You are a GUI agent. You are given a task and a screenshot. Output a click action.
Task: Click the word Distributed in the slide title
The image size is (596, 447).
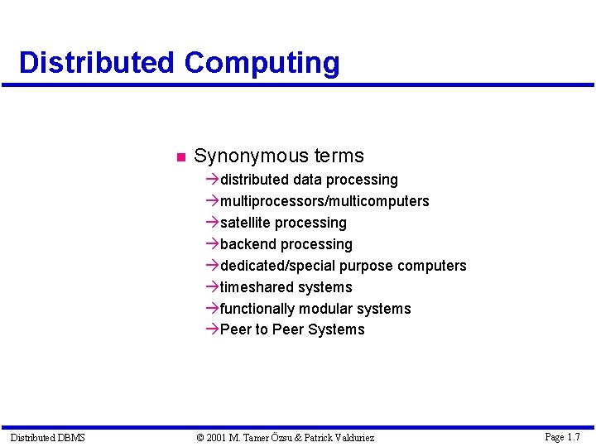[96, 63]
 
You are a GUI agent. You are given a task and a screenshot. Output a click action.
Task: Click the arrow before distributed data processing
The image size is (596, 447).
[213, 180]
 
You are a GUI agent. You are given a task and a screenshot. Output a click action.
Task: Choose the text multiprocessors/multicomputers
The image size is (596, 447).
[324, 201]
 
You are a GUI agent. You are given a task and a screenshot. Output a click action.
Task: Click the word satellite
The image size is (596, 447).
[245, 223]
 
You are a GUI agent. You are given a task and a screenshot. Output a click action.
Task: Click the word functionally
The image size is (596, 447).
[257, 309]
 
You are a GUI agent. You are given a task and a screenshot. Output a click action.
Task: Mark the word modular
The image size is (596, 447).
[325, 309]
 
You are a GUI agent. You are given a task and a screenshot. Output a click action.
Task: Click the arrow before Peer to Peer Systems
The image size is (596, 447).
[213, 329]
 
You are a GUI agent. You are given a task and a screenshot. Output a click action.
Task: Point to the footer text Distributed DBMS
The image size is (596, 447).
[47, 437]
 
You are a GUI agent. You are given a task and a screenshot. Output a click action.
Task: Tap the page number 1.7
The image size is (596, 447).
[572, 436]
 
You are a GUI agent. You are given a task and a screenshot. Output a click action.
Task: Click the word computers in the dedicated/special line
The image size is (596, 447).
[432, 266]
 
